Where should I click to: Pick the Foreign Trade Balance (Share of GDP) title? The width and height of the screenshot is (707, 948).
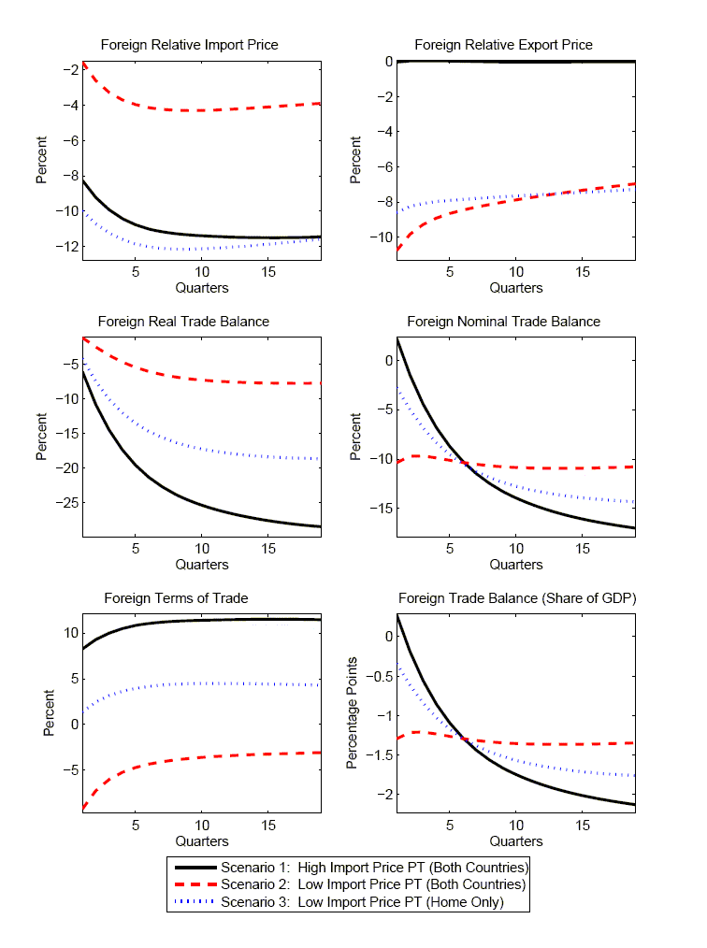click(517, 598)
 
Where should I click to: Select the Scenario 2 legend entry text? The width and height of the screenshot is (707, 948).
click(374, 884)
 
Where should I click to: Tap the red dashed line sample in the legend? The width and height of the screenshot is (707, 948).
click(194, 884)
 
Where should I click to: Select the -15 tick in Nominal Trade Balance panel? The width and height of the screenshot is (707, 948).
click(380, 509)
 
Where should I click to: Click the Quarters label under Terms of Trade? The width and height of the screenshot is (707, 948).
click(202, 841)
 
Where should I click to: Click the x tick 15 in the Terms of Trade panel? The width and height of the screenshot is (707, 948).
click(268, 826)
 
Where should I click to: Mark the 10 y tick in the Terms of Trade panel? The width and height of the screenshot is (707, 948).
click(69, 633)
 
